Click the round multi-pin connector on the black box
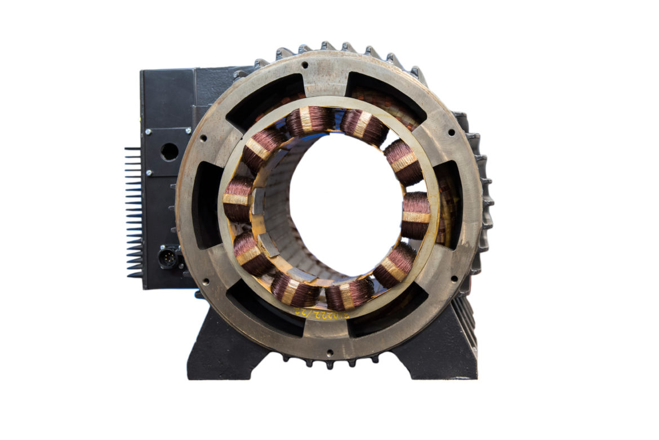(x=167, y=257)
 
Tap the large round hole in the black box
(x=169, y=151)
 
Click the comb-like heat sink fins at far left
(x=133, y=212)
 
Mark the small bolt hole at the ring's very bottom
(x=329, y=353)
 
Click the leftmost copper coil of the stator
(x=237, y=199)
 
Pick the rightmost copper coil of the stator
(x=416, y=215)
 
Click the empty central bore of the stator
(x=345, y=203)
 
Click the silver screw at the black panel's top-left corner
(x=148, y=132)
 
